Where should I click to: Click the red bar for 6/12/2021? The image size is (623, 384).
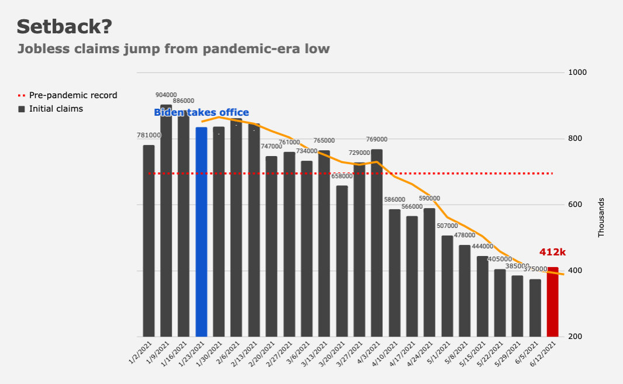pyautogui.click(x=552, y=302)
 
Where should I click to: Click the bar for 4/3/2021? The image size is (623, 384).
pyautogui.click(x=377, y=243)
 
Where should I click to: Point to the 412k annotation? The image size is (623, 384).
pyautogui.click(x=552, y=252)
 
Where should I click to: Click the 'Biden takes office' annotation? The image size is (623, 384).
pyautogui.click(x=201, y=113)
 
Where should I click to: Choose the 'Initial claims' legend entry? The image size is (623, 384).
pyautogui.click(x=56, y=109)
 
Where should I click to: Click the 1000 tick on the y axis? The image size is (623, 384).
pyautogui.click(x=578, y=72)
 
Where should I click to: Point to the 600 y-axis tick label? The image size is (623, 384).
pyautogui.click(x=576, y=205)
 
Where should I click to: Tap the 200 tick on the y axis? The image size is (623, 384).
pyautogui.click(x=576, y=337)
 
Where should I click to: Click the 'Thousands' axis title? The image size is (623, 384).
pyautogui.click(x=601, y=217)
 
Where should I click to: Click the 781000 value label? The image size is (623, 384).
pyautogui.click(x=148, y=136)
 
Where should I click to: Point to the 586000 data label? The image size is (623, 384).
pyautogui.click(x=394, y=200)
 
